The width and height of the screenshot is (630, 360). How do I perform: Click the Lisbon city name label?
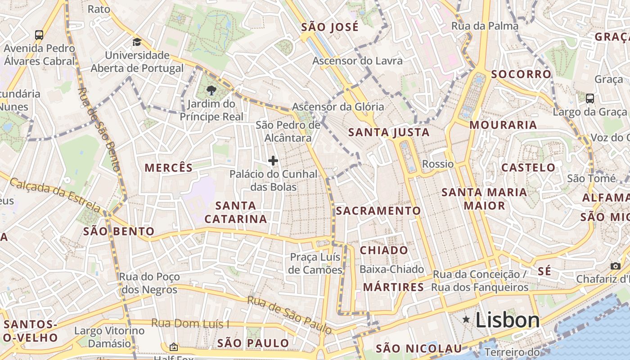(x=507, y=320)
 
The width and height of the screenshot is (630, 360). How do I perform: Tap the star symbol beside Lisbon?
(x=466, y=319)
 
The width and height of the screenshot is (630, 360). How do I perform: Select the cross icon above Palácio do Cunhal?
(x=273, y=161)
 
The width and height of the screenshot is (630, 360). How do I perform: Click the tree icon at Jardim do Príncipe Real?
(x=211, y=90)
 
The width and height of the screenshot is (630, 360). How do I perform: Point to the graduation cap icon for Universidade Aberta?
(x=137, y=42)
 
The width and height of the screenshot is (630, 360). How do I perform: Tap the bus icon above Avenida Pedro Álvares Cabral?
(x=39, y=35)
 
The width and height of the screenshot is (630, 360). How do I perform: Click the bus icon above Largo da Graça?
(x=589, y=98)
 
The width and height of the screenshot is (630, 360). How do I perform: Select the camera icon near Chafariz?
(x=616, y=266)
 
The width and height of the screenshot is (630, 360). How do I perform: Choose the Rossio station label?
(x=438, y=164)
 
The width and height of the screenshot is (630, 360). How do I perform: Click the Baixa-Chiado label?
(x=391, y=269)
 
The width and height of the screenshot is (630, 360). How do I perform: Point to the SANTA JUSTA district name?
(x=389, y=132)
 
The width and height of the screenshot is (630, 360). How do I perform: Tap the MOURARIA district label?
(x=503, y=125)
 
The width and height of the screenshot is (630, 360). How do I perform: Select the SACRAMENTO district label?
(x=378, y=211)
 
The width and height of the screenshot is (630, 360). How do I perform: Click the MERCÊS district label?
(x=168, y=168)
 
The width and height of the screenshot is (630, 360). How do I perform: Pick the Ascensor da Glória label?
(x=338, y=107)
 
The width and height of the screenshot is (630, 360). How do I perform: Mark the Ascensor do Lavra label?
(x=357, y=61)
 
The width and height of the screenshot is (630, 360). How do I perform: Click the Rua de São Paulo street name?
(x=290, y=315)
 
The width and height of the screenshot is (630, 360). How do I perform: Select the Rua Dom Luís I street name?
(x=190, y=323)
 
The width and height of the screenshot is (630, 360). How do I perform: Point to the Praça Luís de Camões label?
(x=315, y=263)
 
